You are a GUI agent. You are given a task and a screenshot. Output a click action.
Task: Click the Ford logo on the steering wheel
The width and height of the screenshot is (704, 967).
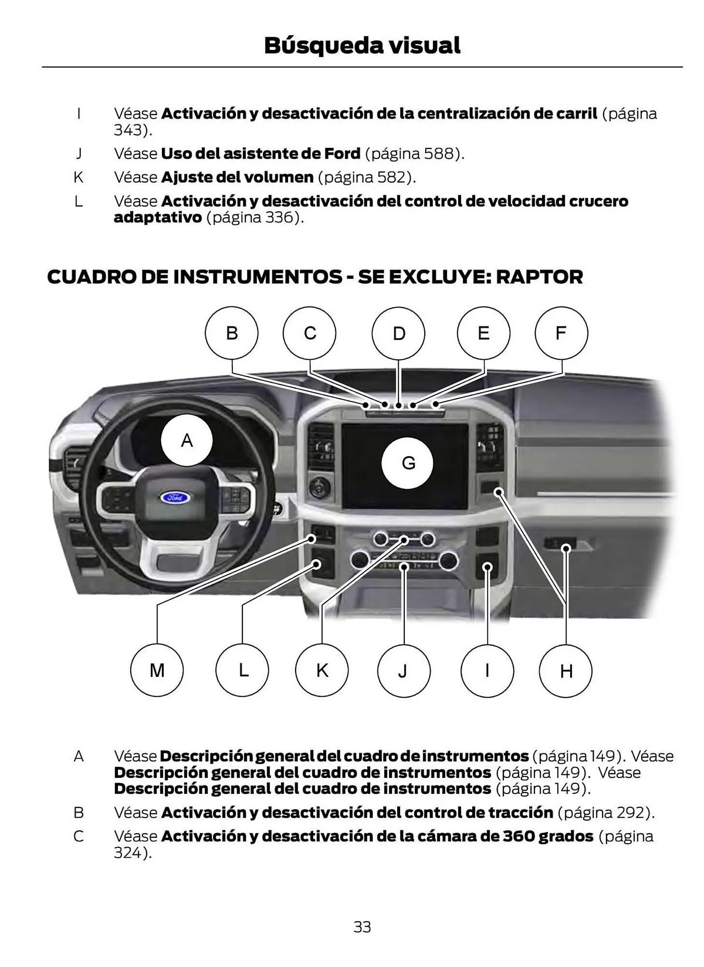point(175,497)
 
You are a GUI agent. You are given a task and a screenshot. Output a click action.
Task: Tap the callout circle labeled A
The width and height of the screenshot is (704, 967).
point(187,440)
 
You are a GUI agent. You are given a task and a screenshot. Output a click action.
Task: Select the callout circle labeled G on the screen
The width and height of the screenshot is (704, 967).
point(407,463)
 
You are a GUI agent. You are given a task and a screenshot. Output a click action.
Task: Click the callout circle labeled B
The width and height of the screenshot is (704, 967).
point(231,333)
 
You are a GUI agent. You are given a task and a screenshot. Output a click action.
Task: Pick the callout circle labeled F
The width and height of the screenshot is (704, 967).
point(561,333)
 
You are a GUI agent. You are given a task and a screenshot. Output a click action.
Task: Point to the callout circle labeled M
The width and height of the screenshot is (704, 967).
point(157,670)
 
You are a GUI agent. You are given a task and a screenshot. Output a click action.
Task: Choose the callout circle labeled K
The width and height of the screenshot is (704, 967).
point(322,670)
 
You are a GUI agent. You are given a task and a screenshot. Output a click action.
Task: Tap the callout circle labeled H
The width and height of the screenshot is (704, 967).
point(565,671)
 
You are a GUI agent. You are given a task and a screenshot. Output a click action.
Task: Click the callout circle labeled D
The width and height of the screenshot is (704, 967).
point(398,333)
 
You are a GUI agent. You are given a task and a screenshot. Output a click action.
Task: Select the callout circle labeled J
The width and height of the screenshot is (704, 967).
point(403,671)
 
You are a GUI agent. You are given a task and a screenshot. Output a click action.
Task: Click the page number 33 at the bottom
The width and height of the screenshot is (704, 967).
point(362,927)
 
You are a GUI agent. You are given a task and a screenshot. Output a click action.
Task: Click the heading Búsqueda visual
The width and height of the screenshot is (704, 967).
point(362,45)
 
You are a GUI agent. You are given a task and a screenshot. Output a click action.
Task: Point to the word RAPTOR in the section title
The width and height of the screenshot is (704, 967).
point(539,277)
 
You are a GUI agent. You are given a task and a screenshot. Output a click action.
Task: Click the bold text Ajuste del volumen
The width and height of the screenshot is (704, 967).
point(237,177)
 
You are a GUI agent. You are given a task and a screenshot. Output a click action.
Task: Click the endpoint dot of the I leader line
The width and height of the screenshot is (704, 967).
point(488,567)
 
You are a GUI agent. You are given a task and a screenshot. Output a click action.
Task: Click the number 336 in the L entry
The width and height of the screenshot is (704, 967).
point(280,218)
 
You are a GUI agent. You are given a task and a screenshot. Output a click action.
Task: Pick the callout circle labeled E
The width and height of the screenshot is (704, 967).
point(483,333)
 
